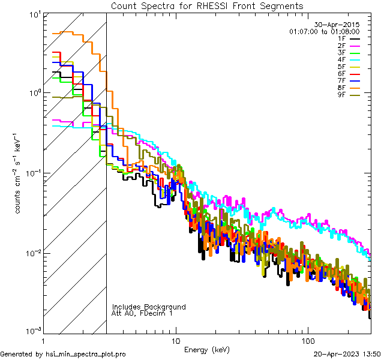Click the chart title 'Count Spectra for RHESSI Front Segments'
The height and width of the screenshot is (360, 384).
207,6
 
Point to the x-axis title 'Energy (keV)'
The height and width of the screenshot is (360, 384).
207,349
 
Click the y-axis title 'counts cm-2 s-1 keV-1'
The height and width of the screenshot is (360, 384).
19,172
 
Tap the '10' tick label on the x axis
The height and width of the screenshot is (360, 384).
175,340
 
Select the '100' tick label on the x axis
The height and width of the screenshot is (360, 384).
307,340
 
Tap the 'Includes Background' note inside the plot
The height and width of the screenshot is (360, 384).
149,307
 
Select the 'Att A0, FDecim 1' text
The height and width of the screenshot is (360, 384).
142,313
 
